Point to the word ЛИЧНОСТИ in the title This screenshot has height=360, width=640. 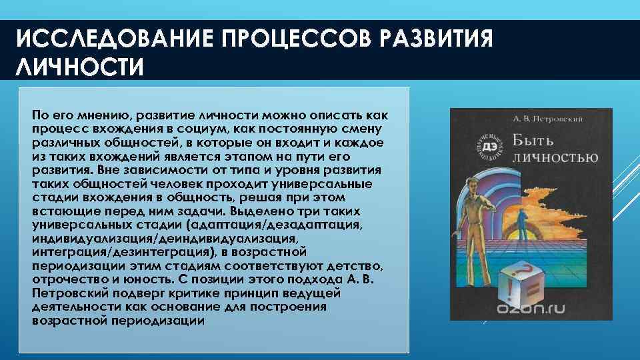79,68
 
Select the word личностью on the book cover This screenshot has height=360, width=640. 555,158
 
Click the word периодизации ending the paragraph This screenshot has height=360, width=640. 167,321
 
